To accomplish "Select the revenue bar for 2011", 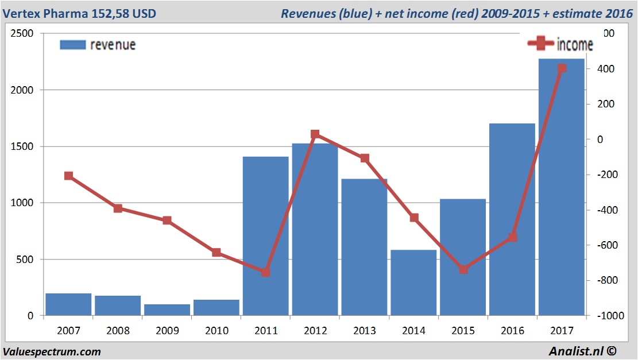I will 265,235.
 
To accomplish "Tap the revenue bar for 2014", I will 413,282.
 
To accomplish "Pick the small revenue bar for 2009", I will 167,309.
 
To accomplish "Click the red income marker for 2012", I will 315,134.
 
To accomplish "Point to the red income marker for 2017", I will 562,68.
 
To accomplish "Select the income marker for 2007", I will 68,176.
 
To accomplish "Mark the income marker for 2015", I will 463,269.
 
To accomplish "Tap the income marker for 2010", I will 216,252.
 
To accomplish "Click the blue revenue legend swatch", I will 72,45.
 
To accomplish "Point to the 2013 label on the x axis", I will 365,331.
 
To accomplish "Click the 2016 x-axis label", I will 512,331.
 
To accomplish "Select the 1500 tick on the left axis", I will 23,146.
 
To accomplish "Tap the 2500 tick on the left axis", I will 23,33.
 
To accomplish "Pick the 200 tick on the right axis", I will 606,104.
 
